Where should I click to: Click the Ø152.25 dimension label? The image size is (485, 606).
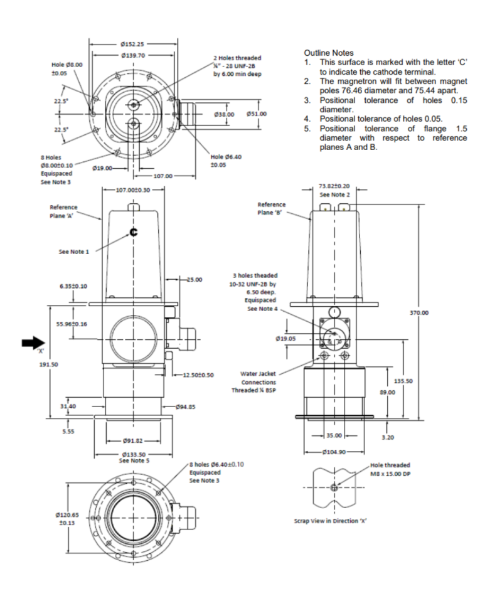tap(133, 44)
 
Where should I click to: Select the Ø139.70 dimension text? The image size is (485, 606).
tap(133, 56)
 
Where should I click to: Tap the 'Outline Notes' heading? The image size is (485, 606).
tap(329, 53)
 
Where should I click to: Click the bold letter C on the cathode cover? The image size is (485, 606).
tap(134, 232)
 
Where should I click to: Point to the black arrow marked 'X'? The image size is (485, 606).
tap(33, 343)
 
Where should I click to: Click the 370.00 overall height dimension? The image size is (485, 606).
tap(419, 312)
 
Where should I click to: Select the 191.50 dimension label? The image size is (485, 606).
tap(49, 364)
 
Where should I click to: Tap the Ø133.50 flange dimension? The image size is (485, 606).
tap(134, 454)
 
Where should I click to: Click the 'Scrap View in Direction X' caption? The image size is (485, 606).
tap(331, 521)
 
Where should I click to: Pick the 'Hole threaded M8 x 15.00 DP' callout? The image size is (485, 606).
tap(390, 469)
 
